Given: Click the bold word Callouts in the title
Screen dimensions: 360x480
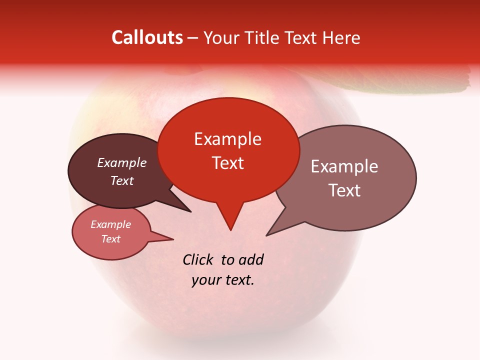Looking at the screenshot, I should click(147, 37).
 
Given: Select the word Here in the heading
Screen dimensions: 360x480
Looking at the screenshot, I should click(341, 37).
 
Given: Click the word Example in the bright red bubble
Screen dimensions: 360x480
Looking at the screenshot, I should click(227, 139).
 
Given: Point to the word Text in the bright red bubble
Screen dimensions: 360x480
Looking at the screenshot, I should click(227, 163).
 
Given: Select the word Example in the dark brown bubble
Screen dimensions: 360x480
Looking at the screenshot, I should click(122, 162).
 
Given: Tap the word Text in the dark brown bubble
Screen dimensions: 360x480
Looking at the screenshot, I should click(122, 180).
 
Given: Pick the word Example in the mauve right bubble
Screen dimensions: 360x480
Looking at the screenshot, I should click(344, 166).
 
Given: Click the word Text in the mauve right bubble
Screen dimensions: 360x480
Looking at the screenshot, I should click(344, 190).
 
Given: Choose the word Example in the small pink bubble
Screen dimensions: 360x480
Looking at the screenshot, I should click(111, 224).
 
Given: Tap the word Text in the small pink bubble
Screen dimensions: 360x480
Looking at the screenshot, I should click(111, 239).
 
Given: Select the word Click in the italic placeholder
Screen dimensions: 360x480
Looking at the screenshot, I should click(199, 259).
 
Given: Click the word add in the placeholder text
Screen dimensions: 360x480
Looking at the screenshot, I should click(251, 259).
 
